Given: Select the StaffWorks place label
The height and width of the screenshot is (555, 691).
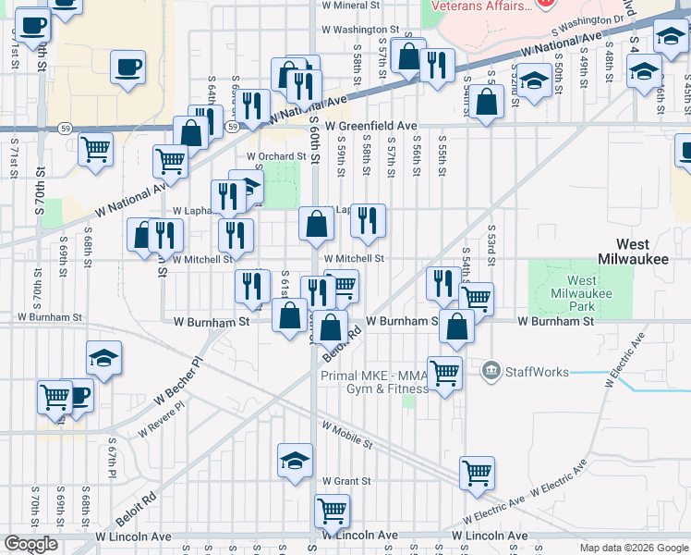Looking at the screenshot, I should point(534,372).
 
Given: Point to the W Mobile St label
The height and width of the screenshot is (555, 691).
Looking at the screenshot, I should point(346,435).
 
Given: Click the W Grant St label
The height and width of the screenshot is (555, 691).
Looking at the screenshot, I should point(346,481).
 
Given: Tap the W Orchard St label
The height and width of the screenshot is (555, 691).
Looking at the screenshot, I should point(275,156).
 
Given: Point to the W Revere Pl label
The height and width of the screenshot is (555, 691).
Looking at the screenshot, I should point(164,422).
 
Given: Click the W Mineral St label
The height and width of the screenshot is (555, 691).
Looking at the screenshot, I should point(351,5).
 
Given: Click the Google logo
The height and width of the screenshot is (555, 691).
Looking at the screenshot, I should point(30,544).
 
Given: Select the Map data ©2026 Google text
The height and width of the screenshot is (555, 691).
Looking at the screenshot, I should point(634,548).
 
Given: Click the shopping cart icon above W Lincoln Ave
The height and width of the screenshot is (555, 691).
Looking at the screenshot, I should point(332,510).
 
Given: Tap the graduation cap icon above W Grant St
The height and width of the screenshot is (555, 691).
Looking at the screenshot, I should point(295,460).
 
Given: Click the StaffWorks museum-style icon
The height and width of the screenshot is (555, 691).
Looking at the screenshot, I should point(491,372).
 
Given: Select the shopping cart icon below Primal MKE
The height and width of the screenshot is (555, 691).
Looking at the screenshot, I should point(444,374).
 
